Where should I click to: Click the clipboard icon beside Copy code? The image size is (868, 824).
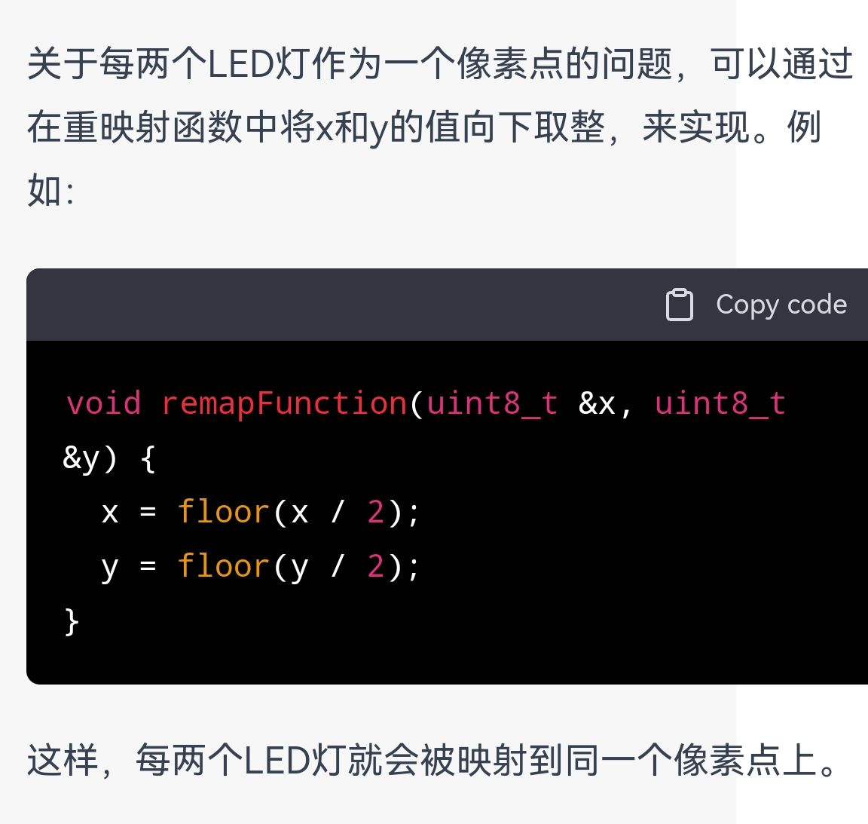679,305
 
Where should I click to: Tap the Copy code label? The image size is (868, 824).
781,305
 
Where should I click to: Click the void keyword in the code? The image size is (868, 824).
103,403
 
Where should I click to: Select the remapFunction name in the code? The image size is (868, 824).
284,403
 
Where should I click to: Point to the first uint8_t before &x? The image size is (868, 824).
492,403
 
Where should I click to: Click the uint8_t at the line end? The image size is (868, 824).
720,403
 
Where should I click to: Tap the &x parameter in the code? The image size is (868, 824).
597,403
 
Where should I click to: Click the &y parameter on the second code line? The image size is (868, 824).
81,459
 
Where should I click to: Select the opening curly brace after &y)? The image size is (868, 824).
147,458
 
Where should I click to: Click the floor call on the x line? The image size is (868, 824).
223,512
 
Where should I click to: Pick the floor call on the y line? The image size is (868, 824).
223,566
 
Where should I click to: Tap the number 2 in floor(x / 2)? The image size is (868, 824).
375,512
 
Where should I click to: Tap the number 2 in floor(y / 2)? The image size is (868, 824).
375,566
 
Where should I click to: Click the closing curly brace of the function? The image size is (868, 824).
72,622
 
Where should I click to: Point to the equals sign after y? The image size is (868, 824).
148,566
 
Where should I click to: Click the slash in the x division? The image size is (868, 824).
338,511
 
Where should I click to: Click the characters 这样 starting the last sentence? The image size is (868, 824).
63,760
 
